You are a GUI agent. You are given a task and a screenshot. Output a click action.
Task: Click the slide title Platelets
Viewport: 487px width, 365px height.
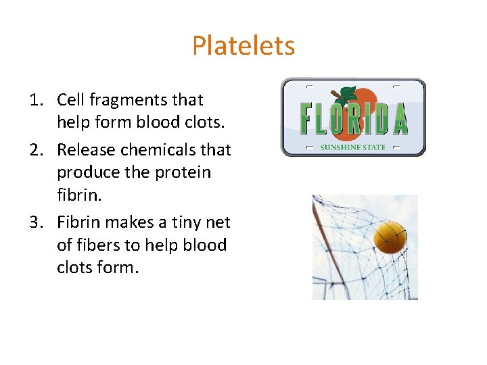(243, 46)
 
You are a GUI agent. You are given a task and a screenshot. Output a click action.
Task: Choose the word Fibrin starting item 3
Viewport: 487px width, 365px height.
(76, 222)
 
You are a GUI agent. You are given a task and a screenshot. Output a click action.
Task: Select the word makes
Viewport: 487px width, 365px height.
(126, 222)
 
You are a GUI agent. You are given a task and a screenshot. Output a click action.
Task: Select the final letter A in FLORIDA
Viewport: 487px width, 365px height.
(400, 119)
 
